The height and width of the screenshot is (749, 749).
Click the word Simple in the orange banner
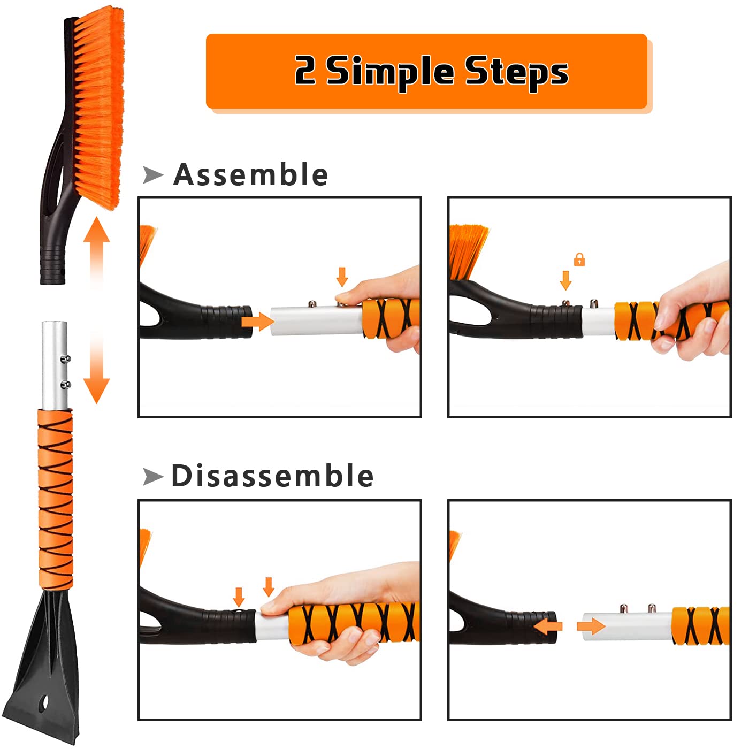(390, 72)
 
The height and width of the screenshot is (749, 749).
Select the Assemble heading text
(251, 174)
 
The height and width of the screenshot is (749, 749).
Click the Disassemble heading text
(272, 476)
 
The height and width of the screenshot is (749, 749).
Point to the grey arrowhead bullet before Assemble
(153, 174)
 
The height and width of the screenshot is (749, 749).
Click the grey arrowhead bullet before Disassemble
(153, 477)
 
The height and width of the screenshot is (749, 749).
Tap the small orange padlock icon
(579, 259)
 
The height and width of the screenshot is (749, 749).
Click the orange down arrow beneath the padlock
(565, 280)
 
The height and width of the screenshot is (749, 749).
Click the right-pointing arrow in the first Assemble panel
(258, 322)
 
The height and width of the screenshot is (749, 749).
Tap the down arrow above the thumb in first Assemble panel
(342, 277)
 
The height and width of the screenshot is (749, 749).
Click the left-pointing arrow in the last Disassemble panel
(548, 626)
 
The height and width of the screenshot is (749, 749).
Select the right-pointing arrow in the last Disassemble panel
(591, 626)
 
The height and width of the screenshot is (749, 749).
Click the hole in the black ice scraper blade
(44, 703)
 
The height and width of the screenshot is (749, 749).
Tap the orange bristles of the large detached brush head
(99, 105)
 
